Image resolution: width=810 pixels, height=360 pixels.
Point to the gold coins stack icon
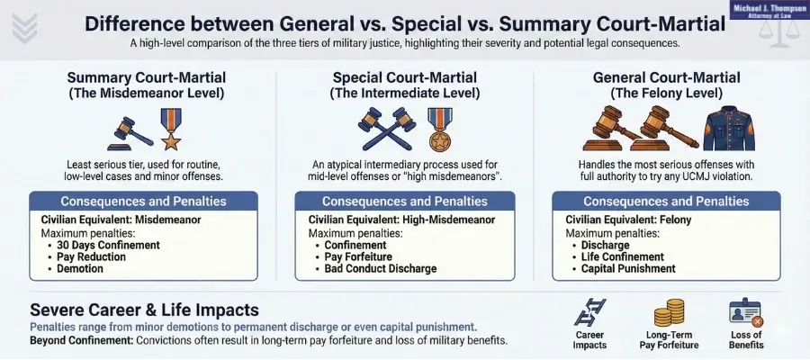click(x=667, y=312)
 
